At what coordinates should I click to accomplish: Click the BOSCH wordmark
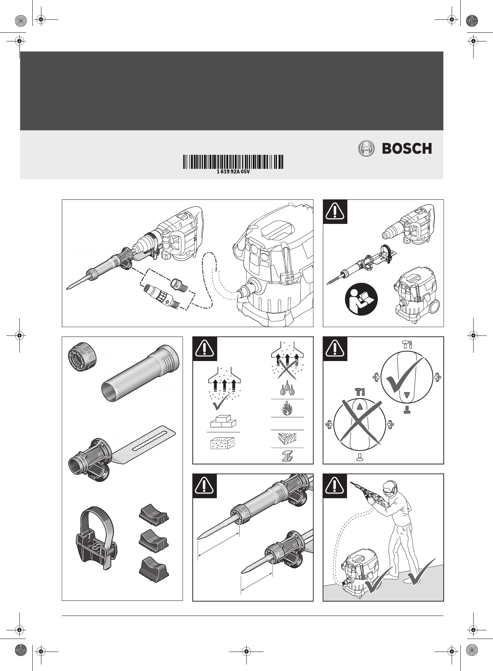click(x=407, y=148)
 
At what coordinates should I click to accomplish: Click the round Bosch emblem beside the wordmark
click(x=366, y=148)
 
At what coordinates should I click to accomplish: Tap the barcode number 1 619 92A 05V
click(x=233, y=172)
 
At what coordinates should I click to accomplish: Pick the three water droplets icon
click(x=287, y=389)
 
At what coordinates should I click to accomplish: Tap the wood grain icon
click(x=287, y=438)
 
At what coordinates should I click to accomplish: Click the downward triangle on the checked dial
click(x=407, y=395)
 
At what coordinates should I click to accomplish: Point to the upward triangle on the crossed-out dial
click(x=360, y=406)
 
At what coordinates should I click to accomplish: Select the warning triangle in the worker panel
click(x=335, y=486)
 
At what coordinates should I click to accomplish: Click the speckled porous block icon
click(x=222, y=443)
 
